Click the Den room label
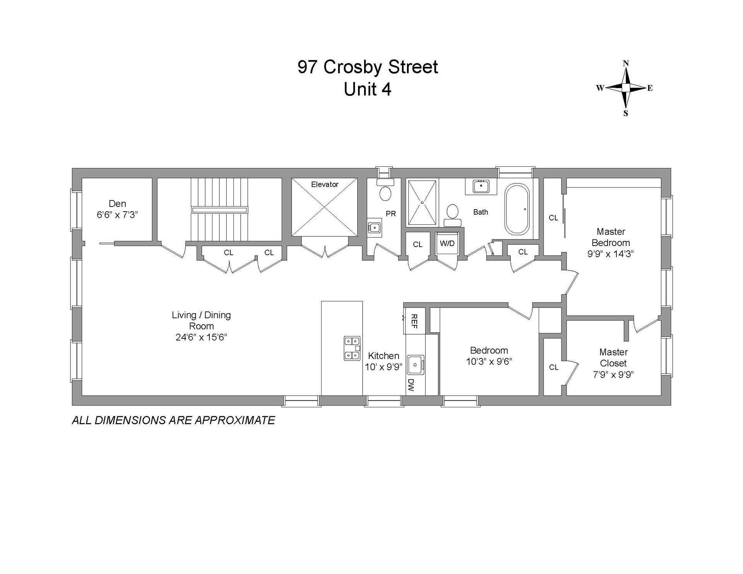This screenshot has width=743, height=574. click(117, 203)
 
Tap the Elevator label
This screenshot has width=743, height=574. click(325, 184)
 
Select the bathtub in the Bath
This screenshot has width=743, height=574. click(517, 209)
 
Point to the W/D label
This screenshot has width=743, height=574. click(447, 244)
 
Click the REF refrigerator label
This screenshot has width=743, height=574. click(414, 321)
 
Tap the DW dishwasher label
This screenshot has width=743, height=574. click(411, 384)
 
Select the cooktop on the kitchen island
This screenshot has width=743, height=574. click(352, 348)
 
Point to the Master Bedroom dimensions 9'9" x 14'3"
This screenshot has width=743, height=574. click(610, 254)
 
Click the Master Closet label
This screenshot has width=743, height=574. click(613, 357)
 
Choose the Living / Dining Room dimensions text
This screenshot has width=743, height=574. click(201, 337)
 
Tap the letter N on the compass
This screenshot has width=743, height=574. click(626, 63)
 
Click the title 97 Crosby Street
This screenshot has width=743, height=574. click(368, 67)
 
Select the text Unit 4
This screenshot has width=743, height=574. click(368, 89)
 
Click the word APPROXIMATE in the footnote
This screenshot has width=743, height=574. click(235, 420)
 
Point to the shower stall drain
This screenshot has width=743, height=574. click(422, 202)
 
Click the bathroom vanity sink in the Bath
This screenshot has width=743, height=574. click(481, 186)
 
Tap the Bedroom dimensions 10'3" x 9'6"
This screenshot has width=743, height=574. click(489, 362)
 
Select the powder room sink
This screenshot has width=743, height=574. click(374, 227)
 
